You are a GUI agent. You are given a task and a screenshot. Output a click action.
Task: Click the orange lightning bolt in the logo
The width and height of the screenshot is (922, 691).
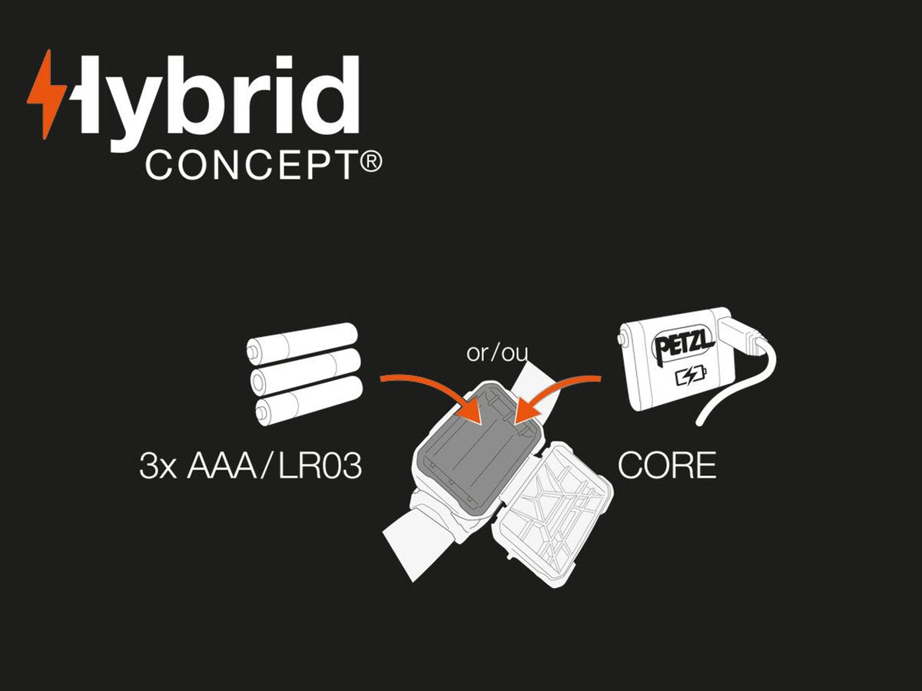click(x=47, y=94)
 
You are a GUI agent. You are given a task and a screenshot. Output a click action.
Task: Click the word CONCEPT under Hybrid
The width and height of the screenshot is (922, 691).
click(x=251, y=166)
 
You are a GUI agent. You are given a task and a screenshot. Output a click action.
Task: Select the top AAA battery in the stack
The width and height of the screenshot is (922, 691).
click(x=302, y=342)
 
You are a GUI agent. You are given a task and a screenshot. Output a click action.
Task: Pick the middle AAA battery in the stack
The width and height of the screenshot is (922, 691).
click(x=305, y=372)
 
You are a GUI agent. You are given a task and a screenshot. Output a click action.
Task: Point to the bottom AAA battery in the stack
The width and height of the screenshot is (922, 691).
click(x=309, y=401)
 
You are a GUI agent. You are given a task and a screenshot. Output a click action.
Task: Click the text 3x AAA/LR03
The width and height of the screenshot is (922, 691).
click(x=250, y=466)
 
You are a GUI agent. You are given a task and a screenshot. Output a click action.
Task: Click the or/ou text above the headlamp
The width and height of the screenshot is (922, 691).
click(x=497, y=353)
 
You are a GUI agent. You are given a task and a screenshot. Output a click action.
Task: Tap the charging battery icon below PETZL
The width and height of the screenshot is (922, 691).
click(x=691, y=375)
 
